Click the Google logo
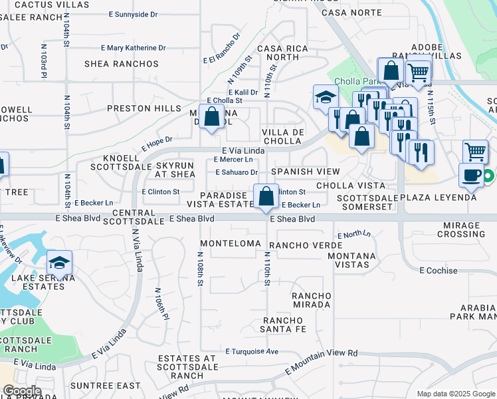[22, 391]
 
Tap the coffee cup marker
[472, 175]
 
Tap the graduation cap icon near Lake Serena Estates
[59, 263]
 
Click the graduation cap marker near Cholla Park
[326, 97]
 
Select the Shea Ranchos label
[122, 64]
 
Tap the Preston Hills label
[144, 108]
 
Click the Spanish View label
[300, 172]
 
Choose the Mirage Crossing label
[461, 229]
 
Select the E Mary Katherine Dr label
[134, 48]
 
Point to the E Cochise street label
[439, 271]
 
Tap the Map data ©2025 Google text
[455, 394]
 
